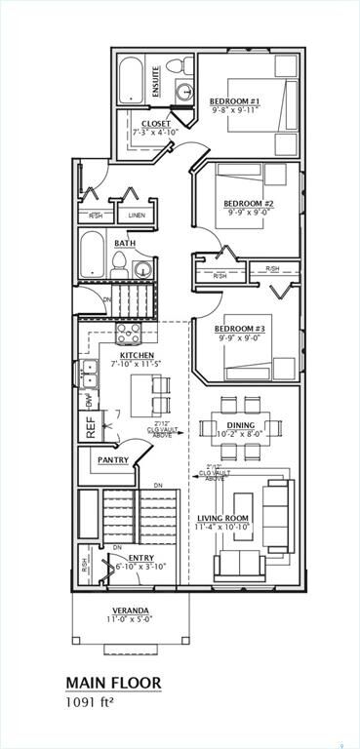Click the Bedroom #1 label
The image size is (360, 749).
(x=234, y=100)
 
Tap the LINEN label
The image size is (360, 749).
(x=137, y=216)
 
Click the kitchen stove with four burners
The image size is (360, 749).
(x=130, y=334)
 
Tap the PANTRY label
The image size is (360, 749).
(x=113, y=459)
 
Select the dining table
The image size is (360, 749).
(x=240, y=427)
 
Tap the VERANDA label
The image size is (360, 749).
(x=130, y=610)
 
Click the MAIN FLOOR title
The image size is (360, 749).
(x=113, y=683)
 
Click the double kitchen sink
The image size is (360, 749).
(x=89, y=374)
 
